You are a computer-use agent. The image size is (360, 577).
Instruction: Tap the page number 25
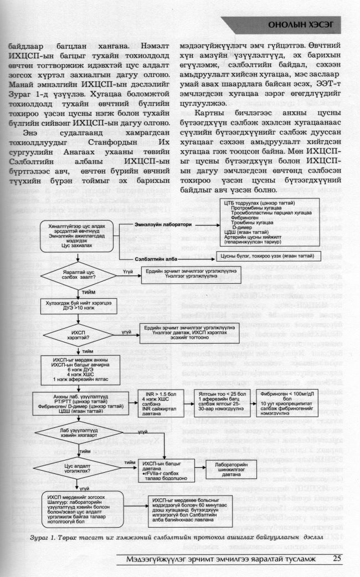coord(338,559)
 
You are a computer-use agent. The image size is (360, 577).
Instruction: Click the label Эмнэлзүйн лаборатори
coord(155,225)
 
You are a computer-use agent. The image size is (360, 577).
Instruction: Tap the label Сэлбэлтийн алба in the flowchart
coord(153,259)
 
